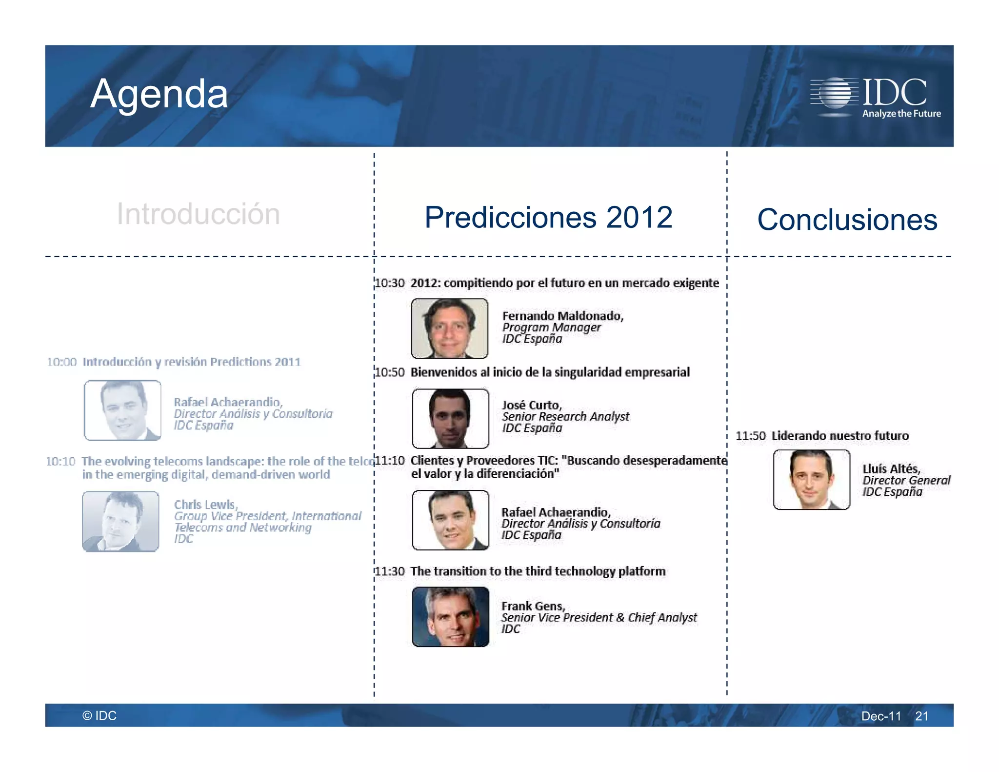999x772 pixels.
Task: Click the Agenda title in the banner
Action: click(159, 94)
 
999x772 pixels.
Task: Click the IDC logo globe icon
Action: click(835, 92)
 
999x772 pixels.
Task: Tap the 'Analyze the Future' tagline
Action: click(901, 114)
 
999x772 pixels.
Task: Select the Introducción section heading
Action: click(198, 214)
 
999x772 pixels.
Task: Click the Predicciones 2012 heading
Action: click(548, 217)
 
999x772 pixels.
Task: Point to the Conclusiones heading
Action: click(847, 220)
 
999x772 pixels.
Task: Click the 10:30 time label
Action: click(390, 283)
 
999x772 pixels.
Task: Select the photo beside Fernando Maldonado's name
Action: click(450, 328)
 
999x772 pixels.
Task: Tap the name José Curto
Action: click(532, 405)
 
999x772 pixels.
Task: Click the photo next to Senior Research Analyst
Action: click(450, 418)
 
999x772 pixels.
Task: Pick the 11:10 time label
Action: click(390, 460)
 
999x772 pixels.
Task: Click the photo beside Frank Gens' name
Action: click(450, 617)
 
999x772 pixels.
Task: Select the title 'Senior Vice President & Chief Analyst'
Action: click(599, 617)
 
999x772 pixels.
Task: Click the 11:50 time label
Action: click(750, 436)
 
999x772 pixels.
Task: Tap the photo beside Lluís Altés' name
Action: click(811, 480)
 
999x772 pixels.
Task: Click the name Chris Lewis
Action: click(205, 504)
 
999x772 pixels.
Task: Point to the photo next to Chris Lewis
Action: click(120, 521)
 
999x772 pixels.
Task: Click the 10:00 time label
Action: click(62, 362)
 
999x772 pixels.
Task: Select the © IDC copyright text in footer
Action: click(100, 715)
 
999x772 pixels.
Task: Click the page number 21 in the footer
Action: click(921, 716)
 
